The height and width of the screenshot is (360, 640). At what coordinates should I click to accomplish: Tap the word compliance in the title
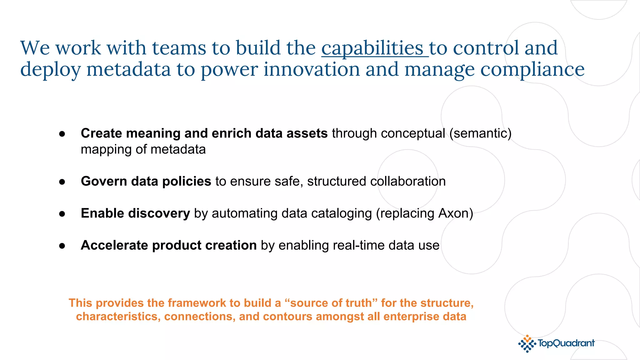pos(532,69)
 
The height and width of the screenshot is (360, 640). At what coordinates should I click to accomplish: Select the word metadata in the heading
pos(128,69)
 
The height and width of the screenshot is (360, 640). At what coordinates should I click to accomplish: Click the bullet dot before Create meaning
pos(62,134)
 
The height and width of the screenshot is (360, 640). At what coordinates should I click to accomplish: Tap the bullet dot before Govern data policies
pos(62,182)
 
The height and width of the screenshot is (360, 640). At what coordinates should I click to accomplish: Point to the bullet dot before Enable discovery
pos(62,214)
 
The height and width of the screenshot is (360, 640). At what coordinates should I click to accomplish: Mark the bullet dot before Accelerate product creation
pos(62,246)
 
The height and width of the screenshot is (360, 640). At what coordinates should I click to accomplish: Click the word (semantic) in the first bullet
pos(480,134)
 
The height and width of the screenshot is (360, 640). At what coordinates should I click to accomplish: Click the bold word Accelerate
pos(114,246)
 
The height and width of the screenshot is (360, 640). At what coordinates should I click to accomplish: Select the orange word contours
pos(287,317)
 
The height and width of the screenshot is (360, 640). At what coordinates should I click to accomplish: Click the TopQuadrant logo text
pos(566,343)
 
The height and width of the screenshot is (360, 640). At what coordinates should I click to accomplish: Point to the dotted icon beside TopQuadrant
pos(527,344)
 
